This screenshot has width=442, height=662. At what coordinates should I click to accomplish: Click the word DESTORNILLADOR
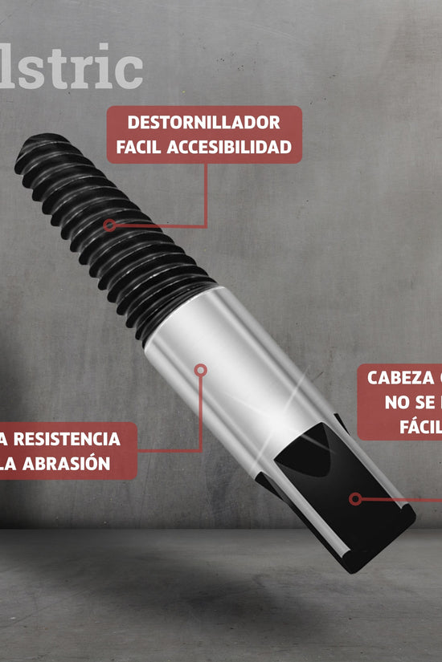tap(204, 124)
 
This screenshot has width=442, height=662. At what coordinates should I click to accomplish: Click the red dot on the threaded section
tap(109, 225)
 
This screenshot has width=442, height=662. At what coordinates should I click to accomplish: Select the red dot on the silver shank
tap(201, 370)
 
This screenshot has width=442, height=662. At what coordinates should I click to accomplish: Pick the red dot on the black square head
tap(354, 498)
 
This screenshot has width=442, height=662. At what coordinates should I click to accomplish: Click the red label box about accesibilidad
tap(204, 135)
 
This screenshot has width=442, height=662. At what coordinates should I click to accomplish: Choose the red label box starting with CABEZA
tap(399, 402)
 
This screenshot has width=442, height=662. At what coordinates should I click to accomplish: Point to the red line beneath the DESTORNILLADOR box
tap(207, 193)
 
